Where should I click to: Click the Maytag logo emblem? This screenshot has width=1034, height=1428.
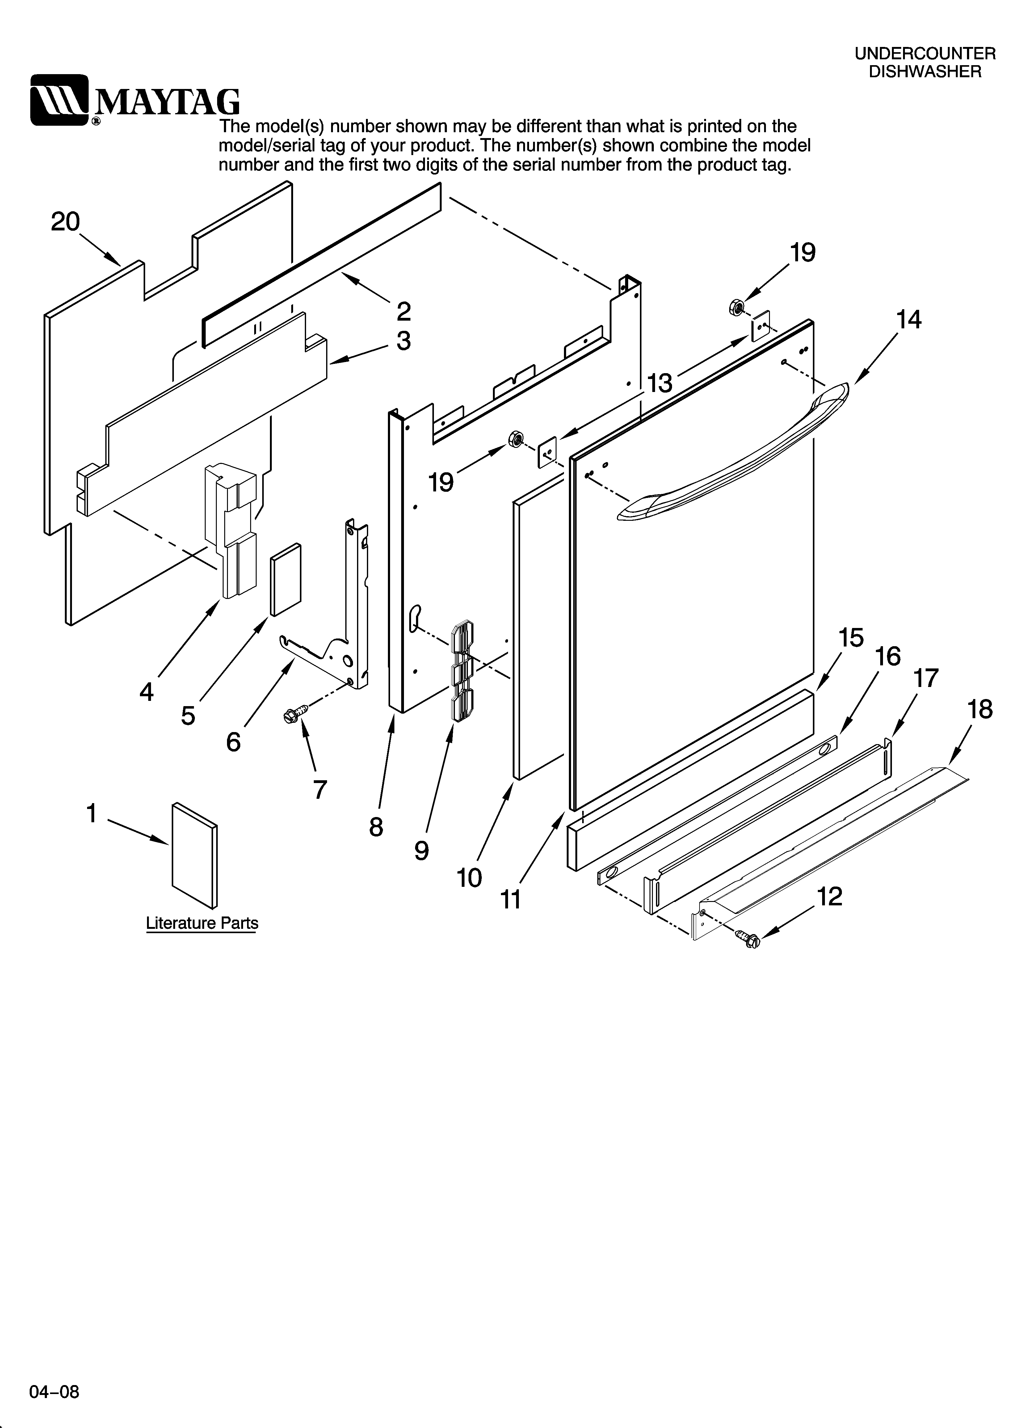point(60,100)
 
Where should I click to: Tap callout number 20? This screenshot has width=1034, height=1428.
point(65,222)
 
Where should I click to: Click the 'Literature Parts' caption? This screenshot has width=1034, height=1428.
point(202,923)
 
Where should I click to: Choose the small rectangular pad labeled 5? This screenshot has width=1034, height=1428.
point(286,579)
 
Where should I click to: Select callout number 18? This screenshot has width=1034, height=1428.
point(980,710)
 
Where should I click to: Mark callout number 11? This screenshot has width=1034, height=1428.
point(511,900)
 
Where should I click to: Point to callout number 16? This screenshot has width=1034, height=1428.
point(888,657)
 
